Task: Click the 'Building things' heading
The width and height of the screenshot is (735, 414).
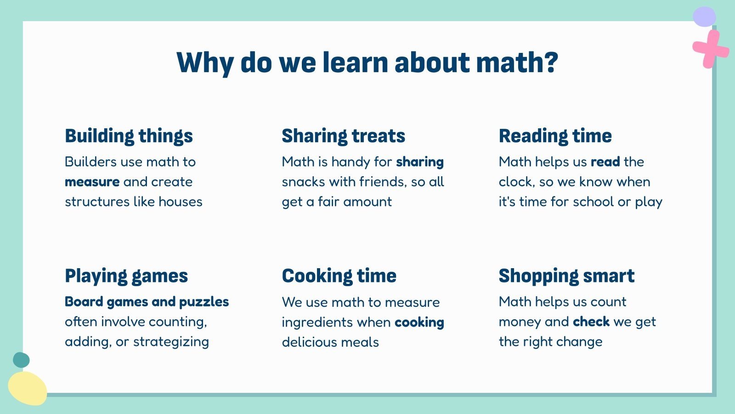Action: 129,136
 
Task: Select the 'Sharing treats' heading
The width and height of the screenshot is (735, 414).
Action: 343,136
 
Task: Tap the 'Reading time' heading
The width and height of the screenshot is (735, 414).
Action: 555,136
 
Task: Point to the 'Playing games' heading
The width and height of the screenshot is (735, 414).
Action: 126,276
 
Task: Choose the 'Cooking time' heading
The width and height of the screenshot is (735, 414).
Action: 339,276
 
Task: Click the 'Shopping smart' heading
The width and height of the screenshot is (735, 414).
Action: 566,276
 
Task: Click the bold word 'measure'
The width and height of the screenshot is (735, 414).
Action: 92,182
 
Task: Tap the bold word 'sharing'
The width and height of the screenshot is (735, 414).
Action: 420,162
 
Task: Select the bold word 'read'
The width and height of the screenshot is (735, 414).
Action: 605,162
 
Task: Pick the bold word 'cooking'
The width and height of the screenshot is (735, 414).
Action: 419,322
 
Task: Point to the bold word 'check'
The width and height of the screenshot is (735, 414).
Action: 591,322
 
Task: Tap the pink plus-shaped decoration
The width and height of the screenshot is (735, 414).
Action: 710,49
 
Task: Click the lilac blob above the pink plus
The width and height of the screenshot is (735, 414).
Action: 704,17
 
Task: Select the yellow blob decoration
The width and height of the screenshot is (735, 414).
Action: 27,388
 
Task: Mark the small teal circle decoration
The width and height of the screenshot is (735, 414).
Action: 21,360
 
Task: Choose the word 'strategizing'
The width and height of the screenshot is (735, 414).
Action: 171,342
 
